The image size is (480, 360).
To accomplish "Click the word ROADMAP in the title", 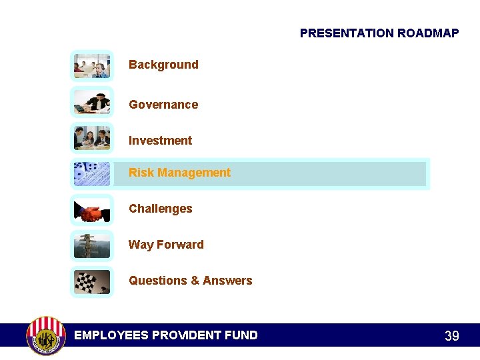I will (428, 33).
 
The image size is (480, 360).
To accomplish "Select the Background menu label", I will (163, 65).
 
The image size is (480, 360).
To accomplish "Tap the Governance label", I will (163, 105).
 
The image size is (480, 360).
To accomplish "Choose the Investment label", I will (160, 141).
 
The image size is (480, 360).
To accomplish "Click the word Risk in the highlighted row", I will (141, 173).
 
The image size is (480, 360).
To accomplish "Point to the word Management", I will (193, 173).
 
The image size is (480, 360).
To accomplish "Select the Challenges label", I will (160, 209).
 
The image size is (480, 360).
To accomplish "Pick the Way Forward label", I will (166, 245).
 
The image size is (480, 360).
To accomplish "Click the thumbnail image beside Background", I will (92, 66).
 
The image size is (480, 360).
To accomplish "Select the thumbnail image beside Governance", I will (92, 102).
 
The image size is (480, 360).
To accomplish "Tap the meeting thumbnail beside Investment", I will (92, 138).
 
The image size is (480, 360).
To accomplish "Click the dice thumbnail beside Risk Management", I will (92, 174).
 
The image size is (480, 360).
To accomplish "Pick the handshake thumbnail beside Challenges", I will (92, 210).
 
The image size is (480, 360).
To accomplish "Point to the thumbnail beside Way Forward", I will (92, 246).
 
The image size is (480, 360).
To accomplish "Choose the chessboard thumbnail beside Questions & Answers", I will (92, 281).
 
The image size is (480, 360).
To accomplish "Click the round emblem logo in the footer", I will (45, 335).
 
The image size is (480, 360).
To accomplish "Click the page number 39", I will (451, 336).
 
